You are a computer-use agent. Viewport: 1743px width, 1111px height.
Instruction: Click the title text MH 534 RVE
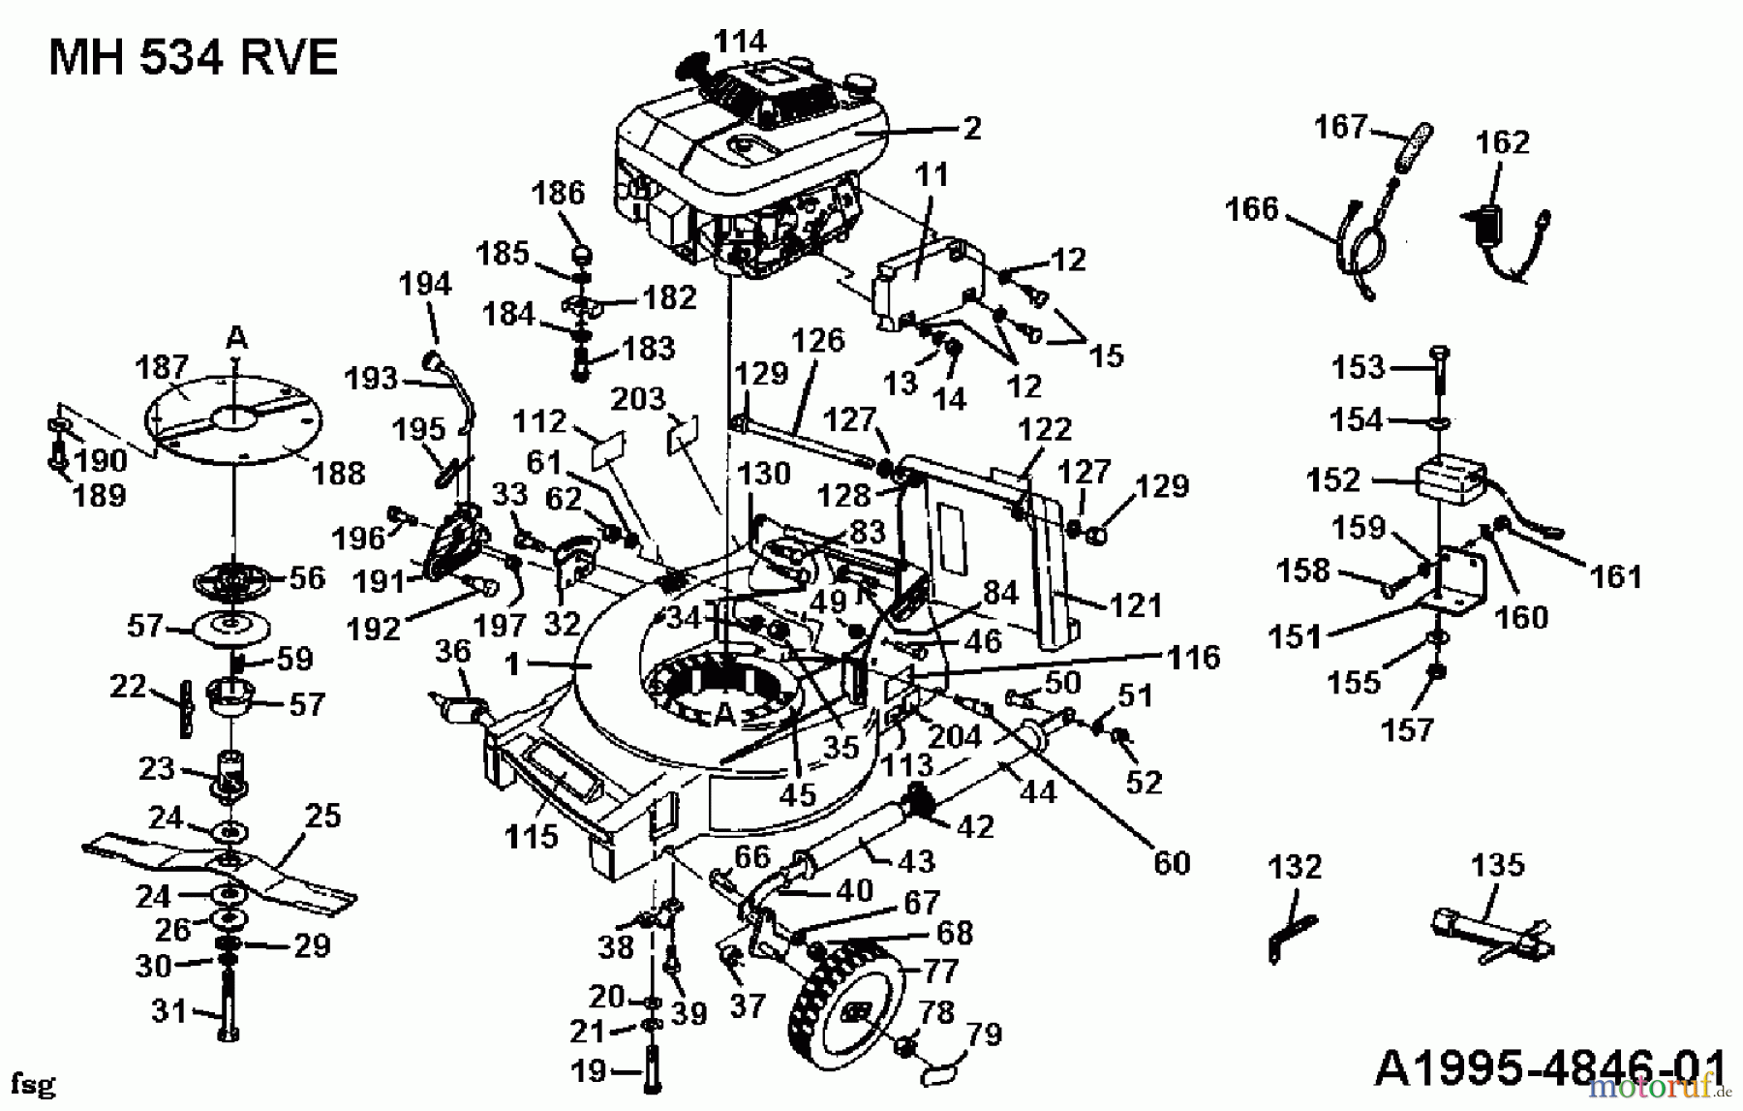[193, 58]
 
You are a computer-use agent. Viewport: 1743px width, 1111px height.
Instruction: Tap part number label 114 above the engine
[740, 41]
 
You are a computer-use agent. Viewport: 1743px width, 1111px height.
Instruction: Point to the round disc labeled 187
[232, 417]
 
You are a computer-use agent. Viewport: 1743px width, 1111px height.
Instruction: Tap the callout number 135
[1497, 864]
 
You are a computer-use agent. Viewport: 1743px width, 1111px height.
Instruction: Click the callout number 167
[1340, 127]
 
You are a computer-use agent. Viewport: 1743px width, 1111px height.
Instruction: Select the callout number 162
[1502, 142]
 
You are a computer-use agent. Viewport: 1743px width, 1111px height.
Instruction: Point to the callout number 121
[1135, 605]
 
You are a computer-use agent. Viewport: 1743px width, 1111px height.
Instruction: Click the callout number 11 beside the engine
[931, 175]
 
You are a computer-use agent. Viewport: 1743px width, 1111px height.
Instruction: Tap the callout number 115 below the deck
[532, 835]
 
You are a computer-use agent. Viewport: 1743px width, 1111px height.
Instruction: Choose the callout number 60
[1172, 861]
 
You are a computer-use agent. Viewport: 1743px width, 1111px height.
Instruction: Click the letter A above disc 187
[236, 338]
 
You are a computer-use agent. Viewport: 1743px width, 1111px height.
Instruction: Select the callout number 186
[558, 193]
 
